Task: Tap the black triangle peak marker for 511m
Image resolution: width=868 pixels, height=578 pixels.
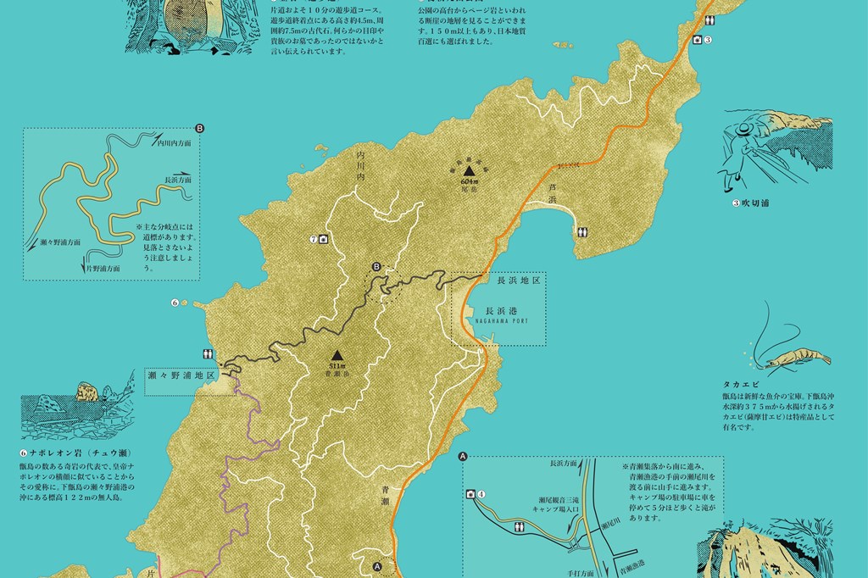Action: pos(337,355)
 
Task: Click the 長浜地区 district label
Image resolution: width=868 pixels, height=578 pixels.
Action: pos(518,279)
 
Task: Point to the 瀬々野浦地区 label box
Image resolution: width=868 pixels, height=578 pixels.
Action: pos(182,374)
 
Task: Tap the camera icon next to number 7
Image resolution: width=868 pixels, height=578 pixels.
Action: pos(323,240)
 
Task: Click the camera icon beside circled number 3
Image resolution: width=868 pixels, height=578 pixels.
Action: pos(697,40)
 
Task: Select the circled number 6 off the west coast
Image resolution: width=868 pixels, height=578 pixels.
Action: pos(175,302)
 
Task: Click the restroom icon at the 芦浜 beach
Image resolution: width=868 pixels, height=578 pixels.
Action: pos(582,231)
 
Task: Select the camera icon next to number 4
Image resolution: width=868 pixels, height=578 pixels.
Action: pos(470,494)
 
